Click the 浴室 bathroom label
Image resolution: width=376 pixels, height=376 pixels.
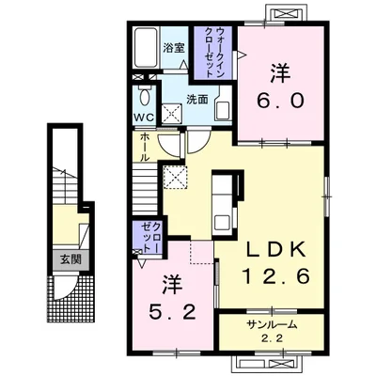point(174,48)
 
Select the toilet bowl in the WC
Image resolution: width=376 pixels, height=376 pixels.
point(144,97)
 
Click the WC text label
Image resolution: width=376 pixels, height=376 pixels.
point(144,117)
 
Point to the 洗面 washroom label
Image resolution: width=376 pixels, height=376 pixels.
point(197,100)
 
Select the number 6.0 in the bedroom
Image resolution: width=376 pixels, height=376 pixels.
point(280,101)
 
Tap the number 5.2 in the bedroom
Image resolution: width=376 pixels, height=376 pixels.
point(173,311)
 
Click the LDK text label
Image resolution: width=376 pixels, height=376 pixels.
point(275,249)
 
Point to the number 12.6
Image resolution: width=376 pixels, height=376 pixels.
point(276,276)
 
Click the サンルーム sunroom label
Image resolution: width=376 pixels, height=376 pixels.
point(272,325)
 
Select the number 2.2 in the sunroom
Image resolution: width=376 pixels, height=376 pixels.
point(273,338)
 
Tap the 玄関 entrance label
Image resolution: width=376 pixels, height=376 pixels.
point(71,259)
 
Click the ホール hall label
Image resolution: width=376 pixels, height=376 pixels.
point(144,147)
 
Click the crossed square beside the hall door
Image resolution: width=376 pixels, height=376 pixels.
point(176,178)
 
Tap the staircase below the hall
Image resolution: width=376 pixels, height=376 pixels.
point(145,190)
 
